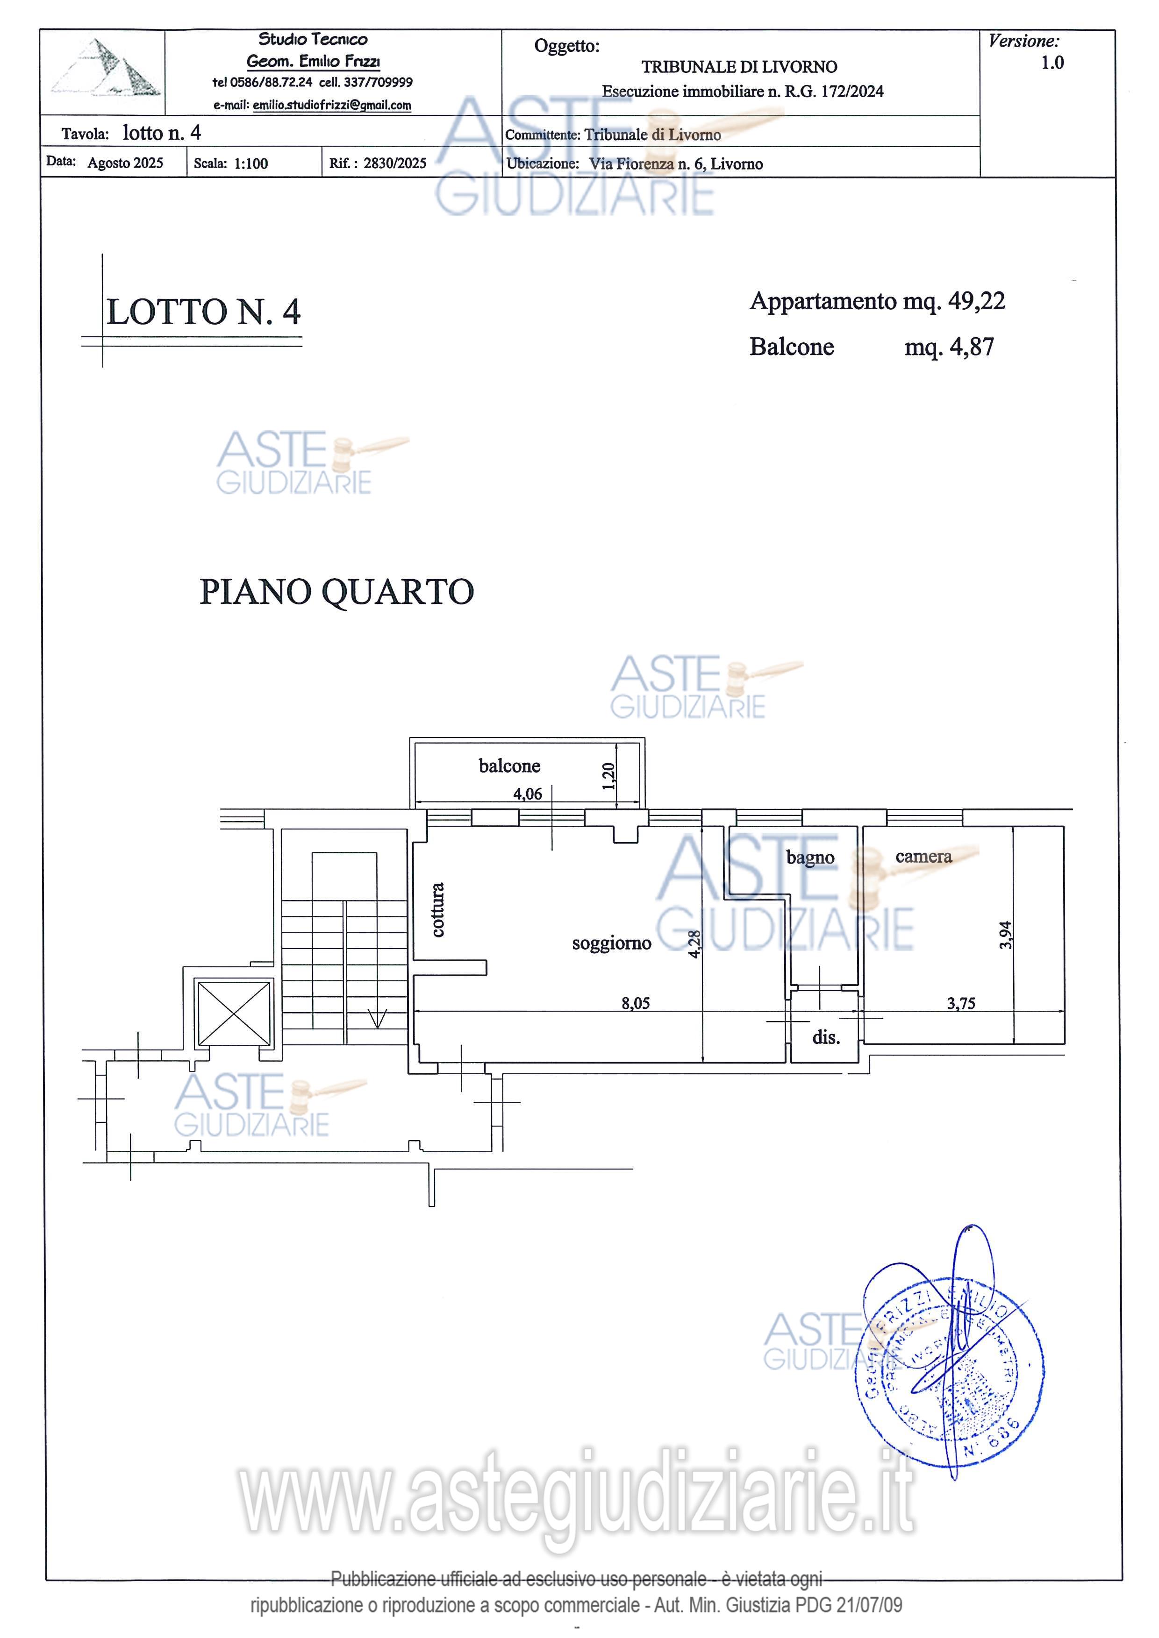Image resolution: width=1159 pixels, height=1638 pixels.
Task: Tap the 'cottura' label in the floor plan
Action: tap(437, 909)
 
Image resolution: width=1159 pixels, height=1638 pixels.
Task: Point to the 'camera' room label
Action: tap(923, 856)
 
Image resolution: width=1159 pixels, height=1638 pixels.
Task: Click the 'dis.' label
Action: tap(826, 1037)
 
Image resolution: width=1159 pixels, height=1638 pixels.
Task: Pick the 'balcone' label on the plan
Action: tap(509, 766)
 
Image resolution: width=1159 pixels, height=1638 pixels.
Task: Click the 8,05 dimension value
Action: tap(635, 1003)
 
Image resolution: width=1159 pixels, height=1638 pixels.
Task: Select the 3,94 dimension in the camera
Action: tap(1005, 935)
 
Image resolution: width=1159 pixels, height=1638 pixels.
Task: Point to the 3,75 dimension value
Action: tap(960, 1003)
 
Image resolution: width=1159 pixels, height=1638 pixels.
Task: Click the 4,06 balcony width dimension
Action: tap(528, 794)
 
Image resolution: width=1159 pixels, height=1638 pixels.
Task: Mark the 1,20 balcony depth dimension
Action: tap(608, 776)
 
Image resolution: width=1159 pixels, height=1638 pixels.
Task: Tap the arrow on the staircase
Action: tap(377, 1018)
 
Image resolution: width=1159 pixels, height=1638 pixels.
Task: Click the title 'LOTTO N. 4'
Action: tap(203, 312)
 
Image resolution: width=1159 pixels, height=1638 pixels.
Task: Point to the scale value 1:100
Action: tap(250, 163)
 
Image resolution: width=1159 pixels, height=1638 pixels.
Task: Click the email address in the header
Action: tap(331, 105)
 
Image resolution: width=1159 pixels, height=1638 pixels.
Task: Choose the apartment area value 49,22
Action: tap(976, 301)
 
